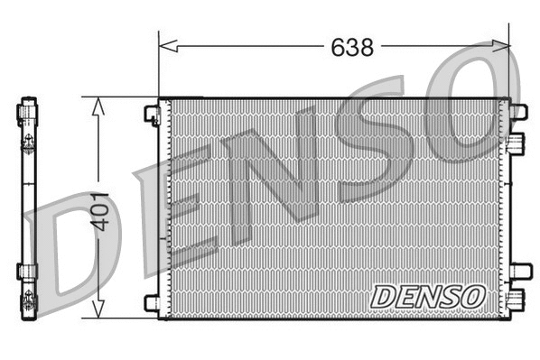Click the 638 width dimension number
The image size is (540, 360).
coord(352,47)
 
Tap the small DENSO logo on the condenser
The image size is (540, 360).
coord(428,295)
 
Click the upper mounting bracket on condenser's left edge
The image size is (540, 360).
coord(152,114)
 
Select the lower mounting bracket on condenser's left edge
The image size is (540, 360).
coord(152,302)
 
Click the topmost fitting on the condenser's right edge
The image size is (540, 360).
coord(517,112)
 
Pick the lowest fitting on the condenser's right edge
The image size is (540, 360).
coord(516,300)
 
